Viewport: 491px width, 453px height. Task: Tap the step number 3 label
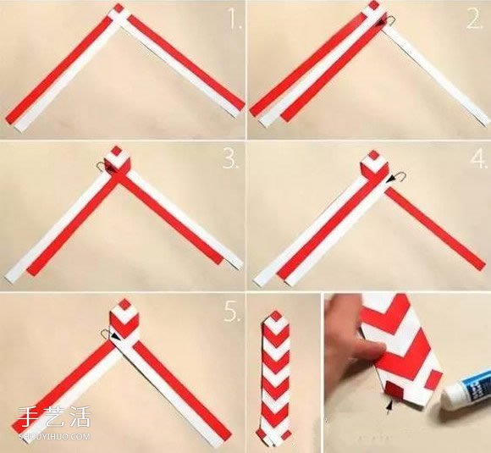coord(231,160)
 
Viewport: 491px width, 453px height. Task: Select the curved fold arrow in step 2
coord(389,21)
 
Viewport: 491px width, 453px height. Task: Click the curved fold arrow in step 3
coord(102,165)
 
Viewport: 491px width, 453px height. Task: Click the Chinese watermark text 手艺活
coord(54,417)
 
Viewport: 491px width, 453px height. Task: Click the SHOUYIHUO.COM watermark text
coord(54,436)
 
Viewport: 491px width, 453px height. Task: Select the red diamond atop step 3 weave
coord(117,151)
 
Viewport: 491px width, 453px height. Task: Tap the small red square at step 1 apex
coord(118,8)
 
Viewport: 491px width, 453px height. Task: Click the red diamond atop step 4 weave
coord(374,155)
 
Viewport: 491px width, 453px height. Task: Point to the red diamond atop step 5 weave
coord(124,304)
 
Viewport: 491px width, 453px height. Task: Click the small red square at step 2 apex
coord(374,5)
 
